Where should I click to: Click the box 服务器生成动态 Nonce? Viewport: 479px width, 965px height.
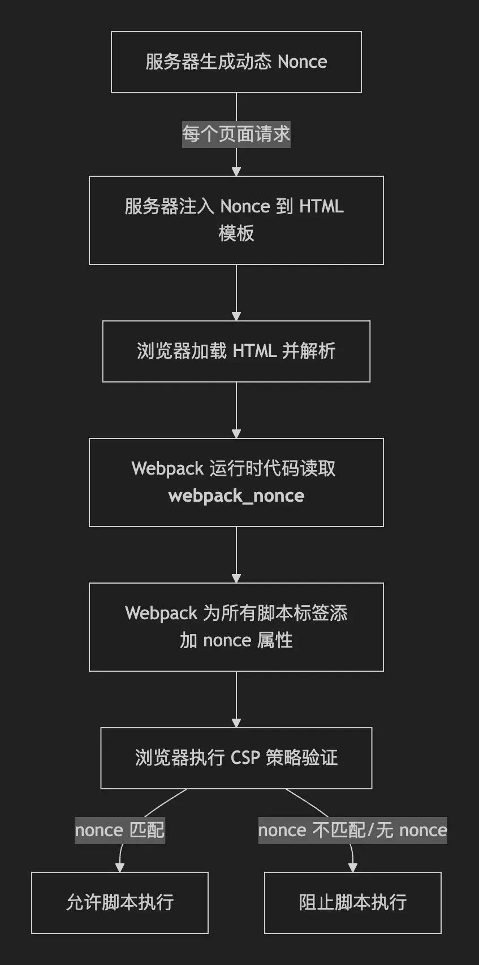click(x=236, y=62)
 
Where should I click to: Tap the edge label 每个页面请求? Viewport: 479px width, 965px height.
click(x=236, y=134)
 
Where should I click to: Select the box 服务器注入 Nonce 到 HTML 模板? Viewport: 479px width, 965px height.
click(x=236, y=220)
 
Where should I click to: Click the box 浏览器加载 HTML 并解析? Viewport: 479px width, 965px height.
click(x=236, y=351)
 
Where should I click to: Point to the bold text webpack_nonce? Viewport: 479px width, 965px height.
click(x=236, y=496)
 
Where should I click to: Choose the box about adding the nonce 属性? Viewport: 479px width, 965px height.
click(x=236, y=627)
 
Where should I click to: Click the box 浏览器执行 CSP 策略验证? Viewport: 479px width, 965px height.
click(x=236, y=758)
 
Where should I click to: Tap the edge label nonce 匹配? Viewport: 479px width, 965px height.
click(x=120, y=831)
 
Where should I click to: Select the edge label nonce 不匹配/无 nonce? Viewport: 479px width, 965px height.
click(x=352, y=831)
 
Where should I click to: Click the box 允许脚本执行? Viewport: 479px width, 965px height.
click(x=120, y=902)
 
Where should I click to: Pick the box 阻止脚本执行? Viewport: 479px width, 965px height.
click(x=352, y=902)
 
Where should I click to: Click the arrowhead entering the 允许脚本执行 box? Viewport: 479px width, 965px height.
click(x=120, y=867)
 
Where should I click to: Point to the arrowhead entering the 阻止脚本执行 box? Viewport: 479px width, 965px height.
click(x=353, y=867)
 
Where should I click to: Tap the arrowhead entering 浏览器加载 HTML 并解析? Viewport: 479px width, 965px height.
click(x=236, y=316)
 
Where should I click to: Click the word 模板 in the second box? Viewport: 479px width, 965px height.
click(x=236, y=233)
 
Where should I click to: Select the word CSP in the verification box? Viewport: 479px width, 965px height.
click(x=245, y=758)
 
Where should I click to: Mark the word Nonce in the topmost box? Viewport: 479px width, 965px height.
click(x=302, y=62)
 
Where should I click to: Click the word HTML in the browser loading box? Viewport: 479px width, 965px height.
click(x=254, y=351)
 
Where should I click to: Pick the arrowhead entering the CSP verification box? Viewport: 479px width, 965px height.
click(x=236, y=723)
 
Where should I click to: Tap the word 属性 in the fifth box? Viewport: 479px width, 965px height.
click(x=275, y=641)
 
